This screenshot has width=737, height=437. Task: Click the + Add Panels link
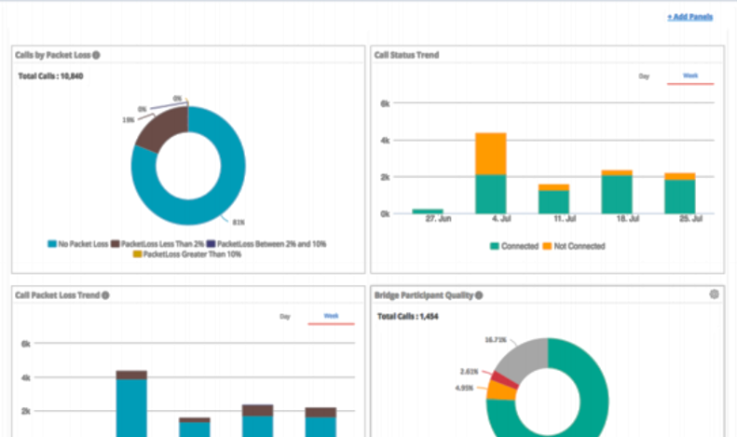point(689,17)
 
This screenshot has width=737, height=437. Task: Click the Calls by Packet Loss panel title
point(52,55)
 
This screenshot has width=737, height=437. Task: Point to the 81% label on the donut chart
point(239,222)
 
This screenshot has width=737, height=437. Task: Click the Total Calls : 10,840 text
point(50,75)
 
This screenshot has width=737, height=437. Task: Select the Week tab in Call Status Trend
point(690,75)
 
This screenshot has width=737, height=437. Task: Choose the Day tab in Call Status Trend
point(643,75)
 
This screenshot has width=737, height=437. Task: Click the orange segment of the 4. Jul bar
point(490,153)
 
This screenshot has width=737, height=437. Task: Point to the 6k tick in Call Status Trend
point(384,103)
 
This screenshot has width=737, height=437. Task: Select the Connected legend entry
point(514,246)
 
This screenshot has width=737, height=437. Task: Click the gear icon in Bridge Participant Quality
point(714,294)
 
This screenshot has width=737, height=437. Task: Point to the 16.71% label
point(496,340)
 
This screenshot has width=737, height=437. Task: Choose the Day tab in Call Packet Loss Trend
point(285,317)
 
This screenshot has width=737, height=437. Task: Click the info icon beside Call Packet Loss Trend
point(105,295)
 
